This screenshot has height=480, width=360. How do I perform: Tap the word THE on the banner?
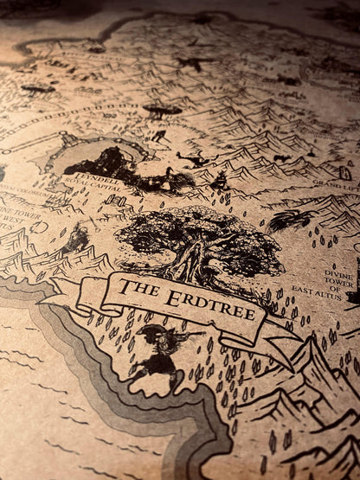click(138, 287)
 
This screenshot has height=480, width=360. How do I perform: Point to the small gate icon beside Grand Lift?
click(344, 173)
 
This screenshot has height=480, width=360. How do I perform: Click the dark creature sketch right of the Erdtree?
click(286, 221)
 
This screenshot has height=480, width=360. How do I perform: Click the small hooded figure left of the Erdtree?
click(76, 238)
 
